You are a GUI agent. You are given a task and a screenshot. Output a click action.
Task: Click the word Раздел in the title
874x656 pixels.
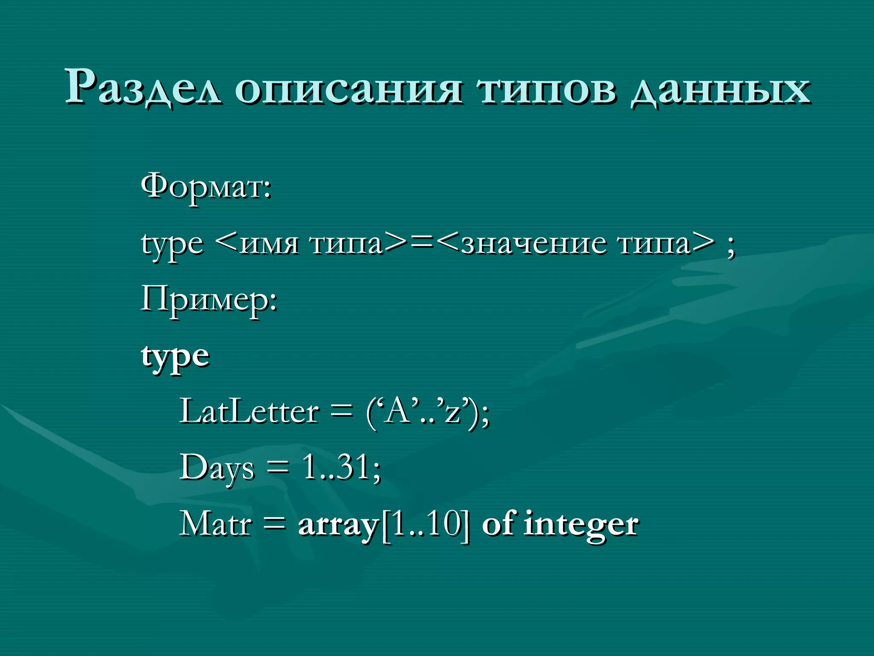[143, 88]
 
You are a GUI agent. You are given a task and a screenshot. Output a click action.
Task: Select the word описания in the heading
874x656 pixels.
[348, 90]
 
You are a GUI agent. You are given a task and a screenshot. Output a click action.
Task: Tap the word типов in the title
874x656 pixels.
[547, 90]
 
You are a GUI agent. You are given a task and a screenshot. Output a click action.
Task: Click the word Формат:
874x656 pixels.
[206, 187]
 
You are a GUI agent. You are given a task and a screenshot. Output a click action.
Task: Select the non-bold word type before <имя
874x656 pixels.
[172, 245]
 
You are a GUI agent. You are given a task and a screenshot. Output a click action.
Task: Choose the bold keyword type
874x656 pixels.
[175, 357]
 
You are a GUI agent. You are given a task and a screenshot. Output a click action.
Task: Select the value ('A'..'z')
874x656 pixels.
[427, 413]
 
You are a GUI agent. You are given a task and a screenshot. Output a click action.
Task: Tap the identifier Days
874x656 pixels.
[217, 468]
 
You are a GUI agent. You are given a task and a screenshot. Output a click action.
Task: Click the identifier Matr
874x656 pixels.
[216, 524]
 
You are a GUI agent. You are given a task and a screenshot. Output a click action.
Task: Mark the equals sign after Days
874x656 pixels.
[278, 468]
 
